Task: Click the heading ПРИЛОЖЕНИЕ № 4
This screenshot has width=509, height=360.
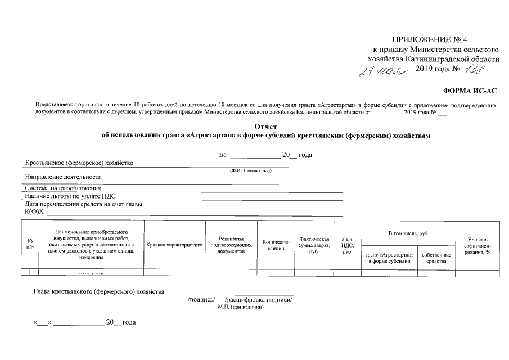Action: point(430,39)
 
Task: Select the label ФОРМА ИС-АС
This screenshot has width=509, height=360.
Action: point(471,91)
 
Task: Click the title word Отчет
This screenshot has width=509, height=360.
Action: point(266,126)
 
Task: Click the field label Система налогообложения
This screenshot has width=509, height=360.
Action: point(62,188)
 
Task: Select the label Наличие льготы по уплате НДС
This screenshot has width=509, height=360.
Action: point(69,196)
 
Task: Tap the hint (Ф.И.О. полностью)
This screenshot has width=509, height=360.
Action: point(251,170)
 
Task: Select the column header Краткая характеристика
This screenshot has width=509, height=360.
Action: point(174,245)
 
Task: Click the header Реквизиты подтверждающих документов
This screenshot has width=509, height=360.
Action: point(230,245)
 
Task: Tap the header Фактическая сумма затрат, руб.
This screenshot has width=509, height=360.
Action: point(314,245)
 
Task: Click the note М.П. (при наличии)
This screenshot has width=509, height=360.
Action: point(241,308)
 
